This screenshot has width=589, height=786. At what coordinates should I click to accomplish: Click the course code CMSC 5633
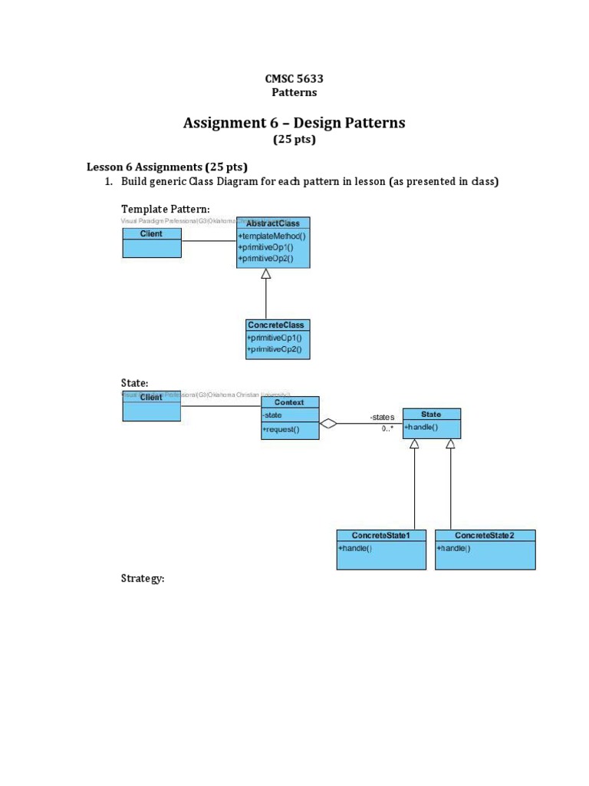click(294, 78)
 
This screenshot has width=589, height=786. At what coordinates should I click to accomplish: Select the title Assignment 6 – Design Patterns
click(294, 123)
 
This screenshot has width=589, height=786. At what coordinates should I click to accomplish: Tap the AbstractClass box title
click(273, 223)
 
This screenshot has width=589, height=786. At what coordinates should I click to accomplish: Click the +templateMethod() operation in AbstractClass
click(271, 236)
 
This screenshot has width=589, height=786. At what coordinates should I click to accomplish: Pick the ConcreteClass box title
click(275, 325)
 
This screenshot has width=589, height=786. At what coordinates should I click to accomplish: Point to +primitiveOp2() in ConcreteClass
click(274, 349)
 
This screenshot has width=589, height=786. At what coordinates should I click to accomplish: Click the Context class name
click(290, 402)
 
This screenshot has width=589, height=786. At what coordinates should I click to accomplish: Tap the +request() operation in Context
click(281, 430)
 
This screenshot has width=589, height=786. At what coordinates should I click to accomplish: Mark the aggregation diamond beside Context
click(328, 423)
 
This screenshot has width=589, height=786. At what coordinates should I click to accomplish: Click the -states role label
click(381, 417)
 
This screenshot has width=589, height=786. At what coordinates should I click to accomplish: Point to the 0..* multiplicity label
click(387, 429)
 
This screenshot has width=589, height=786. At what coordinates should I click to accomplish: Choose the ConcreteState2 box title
click(484, 535)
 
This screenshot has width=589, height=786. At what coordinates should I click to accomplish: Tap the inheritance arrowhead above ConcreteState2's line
click(450, 444)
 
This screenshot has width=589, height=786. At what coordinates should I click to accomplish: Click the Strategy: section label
click(143, 578)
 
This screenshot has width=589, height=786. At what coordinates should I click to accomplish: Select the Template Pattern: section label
click(166, 209)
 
